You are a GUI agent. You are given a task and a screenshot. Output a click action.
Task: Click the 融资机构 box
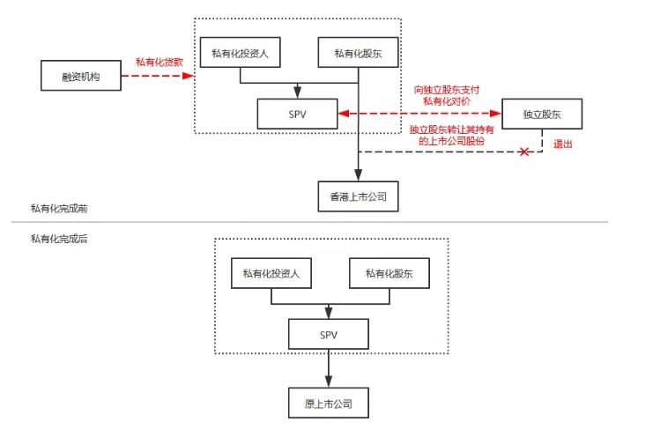pos(82,77)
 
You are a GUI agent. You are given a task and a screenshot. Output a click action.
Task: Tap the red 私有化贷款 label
pos(160,62)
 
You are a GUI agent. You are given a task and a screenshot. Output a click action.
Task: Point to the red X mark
pos(525,152)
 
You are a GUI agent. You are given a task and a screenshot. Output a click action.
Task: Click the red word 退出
pos(562,144)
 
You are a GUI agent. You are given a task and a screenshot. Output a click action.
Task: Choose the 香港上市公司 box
pos(358,196)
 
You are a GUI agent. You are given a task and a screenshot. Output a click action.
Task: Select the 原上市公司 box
pos(329,404)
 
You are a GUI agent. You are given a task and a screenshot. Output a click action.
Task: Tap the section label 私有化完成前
pos(58,209)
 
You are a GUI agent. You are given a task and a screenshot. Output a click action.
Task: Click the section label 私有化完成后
pos(58,240)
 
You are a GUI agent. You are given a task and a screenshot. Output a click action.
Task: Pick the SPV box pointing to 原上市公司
pos(329,334)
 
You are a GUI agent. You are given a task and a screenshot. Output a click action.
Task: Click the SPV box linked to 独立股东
pos(298,113)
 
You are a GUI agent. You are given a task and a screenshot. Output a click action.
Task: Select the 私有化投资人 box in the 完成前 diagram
pos(241,53)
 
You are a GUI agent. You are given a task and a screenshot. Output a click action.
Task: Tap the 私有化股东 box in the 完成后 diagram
pos(390,273)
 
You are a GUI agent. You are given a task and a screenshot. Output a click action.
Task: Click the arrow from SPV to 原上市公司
pos(329,367)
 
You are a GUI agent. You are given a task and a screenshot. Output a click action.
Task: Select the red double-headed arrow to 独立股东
pos(419,113)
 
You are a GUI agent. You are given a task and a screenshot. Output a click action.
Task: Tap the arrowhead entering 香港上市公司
pos(358,175)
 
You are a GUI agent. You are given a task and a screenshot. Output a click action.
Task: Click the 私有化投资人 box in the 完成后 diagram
pos(271,273)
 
